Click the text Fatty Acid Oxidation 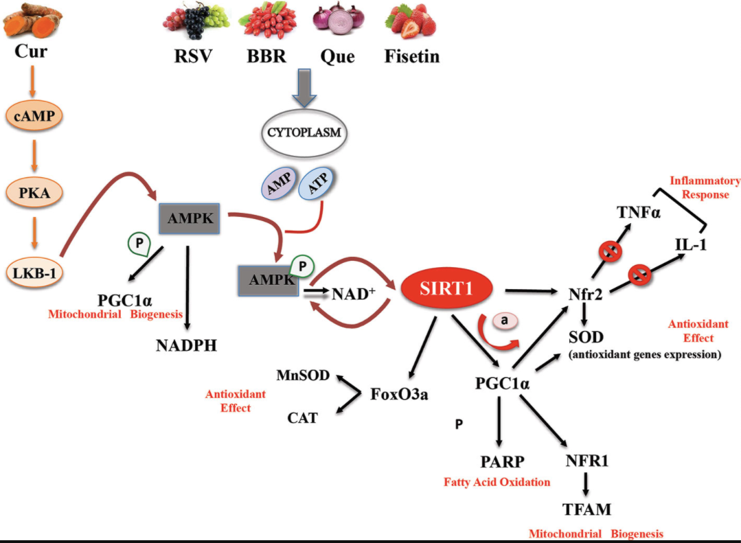(x=497, y=482)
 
